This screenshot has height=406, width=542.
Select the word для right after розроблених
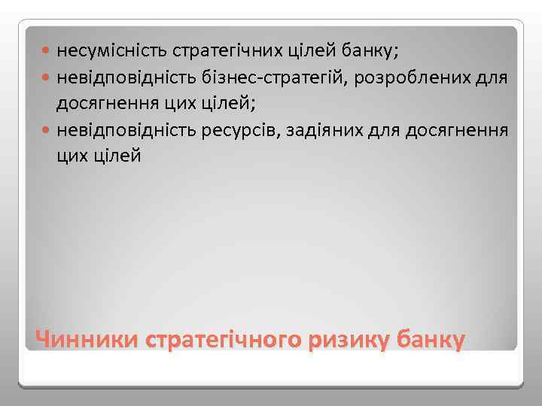coord(492,78)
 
